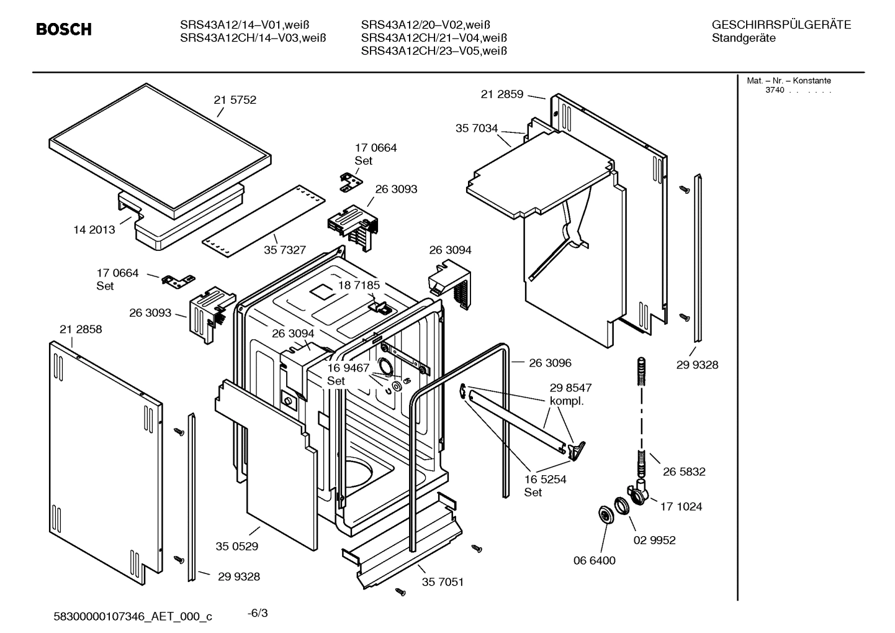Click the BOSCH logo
[x=63, y=29]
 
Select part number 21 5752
[x=235, y=100]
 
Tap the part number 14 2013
[x=94, y=230]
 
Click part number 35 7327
[x=285, y=250]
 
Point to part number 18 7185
[x=359, y=285]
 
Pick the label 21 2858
[x=81, y=329]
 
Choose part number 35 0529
[x=237, y=547]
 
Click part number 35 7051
[x=443, y=582]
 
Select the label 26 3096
[x=550, y=363]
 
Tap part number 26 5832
[x=684, y=472]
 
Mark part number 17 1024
[x=681, y=507]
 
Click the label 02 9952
[x=654, y=540]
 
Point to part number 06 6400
[x=594, y=561]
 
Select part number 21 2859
[x=501, y=94]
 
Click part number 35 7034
[x=476, y=129]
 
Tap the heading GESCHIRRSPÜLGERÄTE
[x=781, y=25]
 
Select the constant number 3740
[x=774, y=91]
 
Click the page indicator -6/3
[x=258, y=613]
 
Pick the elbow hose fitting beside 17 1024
[x=639, y=492]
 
